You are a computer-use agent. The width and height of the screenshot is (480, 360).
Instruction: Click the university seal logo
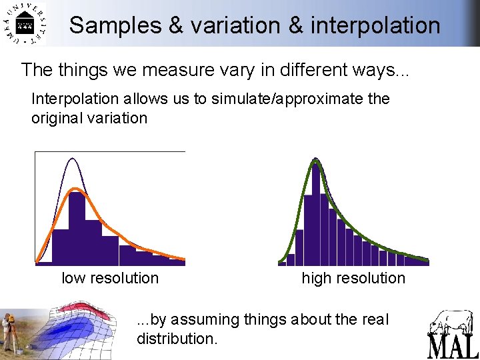coord(24,25)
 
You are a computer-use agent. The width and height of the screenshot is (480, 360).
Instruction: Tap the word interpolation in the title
coord(375,25)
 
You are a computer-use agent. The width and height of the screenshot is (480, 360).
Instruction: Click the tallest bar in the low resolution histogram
coord(77,227)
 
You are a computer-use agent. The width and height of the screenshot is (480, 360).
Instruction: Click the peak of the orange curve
coord(77,190)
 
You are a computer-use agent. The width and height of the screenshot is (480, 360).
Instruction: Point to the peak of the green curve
coord(316,160)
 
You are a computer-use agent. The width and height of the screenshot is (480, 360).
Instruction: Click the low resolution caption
coord(110,278)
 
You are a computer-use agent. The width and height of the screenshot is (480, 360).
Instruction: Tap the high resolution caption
coord(353,278)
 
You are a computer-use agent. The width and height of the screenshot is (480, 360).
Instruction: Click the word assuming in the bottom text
coord(201,319)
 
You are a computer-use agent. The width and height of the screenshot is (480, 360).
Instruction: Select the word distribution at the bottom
coord(175,339)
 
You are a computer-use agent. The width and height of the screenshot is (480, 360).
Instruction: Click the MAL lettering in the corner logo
coord(453,346)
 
